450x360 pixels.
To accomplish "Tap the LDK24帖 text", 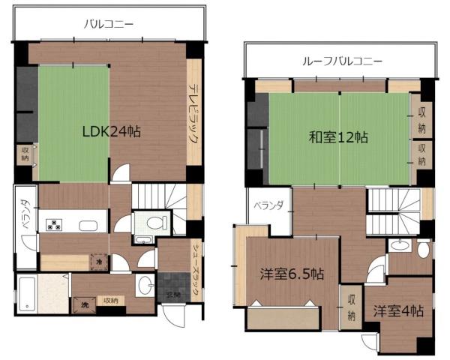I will (x=111, y=131).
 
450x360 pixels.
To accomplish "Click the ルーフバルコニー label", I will (x=341, y=61).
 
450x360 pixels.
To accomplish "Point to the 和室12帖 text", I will (x=339, y=137).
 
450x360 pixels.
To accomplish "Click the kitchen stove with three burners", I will (x=55, y=224).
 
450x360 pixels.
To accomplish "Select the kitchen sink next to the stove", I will (x=87, y=226).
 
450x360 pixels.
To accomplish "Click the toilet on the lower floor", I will (x=153, y=223).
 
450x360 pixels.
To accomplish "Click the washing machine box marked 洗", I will (x=79, y=305).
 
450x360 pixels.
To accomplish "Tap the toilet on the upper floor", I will (x=422, y=250).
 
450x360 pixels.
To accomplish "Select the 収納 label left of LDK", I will (x=25, y=155).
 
